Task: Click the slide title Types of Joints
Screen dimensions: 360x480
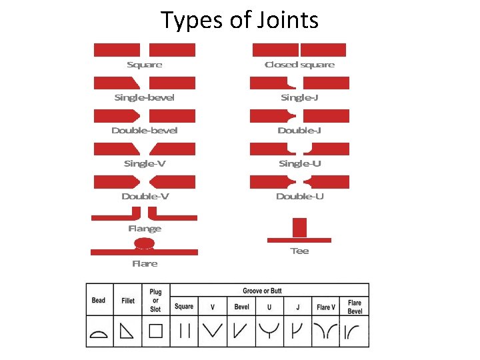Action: click(240, 20)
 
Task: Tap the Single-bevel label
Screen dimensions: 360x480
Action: click(144, 97)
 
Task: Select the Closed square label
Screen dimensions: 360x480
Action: click(299, 65)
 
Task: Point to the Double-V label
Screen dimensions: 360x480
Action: click(145, 196)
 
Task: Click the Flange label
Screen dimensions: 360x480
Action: click(145, 229)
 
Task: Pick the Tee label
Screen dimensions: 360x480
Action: click(299, 251)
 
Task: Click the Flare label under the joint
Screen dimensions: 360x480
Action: click(145, 263)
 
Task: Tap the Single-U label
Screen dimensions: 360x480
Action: click(299, 163)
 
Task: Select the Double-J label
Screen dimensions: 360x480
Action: click(299, 130)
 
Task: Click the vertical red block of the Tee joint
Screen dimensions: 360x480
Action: click(299, 227)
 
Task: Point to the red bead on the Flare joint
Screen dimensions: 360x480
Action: click(145, 244)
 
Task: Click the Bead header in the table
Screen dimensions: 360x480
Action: click(99, 301)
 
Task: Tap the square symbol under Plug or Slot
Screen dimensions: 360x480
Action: click(155, 331)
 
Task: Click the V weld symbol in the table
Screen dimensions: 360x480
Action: click(213, 331)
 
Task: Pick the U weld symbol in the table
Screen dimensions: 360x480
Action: click(269, 331)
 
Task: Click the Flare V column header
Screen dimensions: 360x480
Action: click(326, 307)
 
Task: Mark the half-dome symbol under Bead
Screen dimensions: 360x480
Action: click(99, 332)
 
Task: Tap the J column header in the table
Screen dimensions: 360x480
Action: click(297, 307)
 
